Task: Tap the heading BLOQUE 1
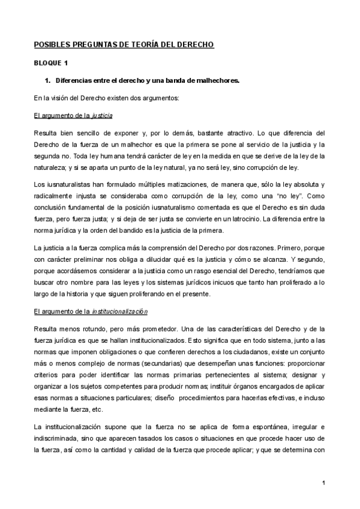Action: click(x=51, y=63)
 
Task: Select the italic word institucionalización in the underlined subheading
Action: click(x=119, y=313)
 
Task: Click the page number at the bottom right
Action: click(x=323, y=483)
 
